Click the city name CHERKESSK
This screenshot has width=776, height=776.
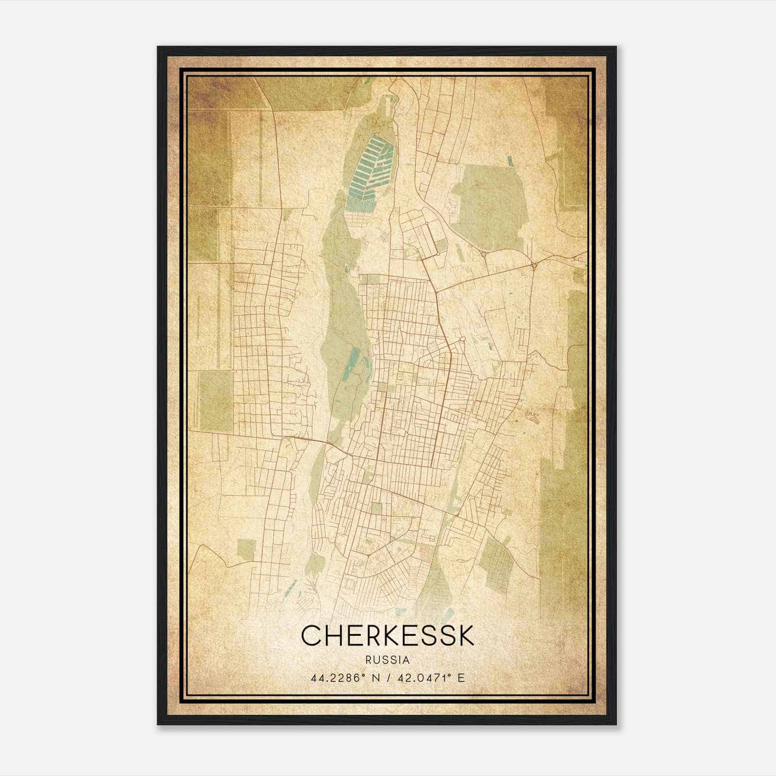pyautogui.click(x=388, y=636)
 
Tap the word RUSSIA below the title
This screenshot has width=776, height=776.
pyautogui.click(x=388, y=660)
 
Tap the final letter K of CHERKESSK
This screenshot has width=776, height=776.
pyautogui.click(x=464, y=636)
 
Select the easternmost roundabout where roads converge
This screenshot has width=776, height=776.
pyautogui.click(x=533, y=265)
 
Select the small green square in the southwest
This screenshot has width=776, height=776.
pyautogui.click(x=246, y=549)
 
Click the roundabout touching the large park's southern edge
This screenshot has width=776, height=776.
pyautogui.click(x=484, y=254)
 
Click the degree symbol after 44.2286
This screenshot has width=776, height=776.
pyautogui.click(x=361, y=675)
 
